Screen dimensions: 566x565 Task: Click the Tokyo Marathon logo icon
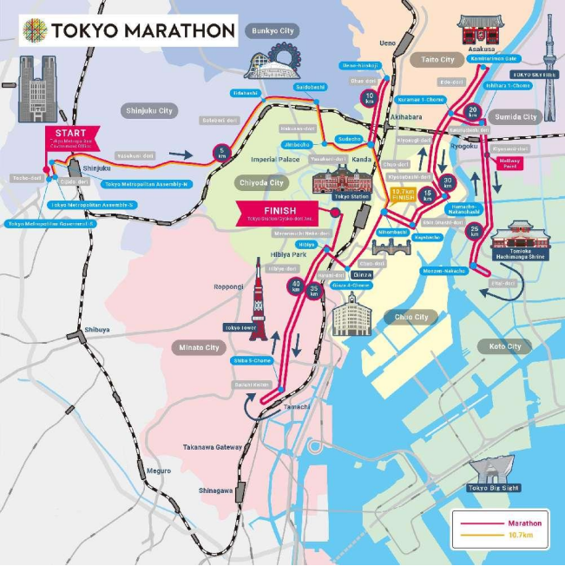point(35,31)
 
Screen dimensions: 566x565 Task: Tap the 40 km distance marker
point(296,286)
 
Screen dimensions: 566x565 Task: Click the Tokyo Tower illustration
point(258,300)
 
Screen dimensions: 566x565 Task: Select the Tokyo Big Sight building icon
point(494,470)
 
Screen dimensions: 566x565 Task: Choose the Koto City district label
point(504,346)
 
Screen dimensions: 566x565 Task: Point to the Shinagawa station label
point(217,490)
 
